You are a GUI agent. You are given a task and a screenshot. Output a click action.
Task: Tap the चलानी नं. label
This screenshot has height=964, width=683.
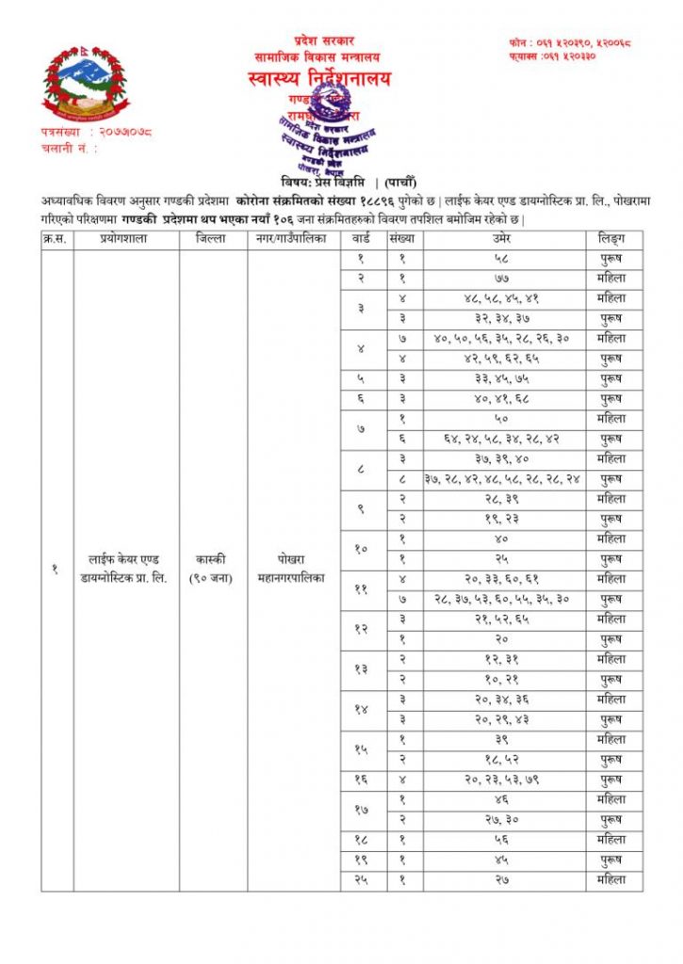69,148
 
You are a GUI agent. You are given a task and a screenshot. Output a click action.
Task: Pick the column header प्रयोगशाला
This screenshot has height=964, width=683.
125,239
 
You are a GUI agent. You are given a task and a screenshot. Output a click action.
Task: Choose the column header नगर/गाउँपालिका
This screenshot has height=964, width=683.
293,239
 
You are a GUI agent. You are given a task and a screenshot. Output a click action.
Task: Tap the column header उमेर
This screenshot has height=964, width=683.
503,239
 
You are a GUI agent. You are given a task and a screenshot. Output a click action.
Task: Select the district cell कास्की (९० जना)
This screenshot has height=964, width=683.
213,570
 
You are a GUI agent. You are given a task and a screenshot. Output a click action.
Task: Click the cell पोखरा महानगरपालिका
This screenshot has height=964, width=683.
293,570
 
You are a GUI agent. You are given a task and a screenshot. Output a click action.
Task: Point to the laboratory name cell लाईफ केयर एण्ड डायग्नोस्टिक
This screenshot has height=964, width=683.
125,570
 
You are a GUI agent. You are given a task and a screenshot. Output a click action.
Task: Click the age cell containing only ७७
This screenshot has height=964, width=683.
503,279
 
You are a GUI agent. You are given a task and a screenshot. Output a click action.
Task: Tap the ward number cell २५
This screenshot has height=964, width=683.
362,881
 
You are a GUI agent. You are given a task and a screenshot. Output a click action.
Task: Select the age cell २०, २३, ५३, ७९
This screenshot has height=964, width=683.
503,779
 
